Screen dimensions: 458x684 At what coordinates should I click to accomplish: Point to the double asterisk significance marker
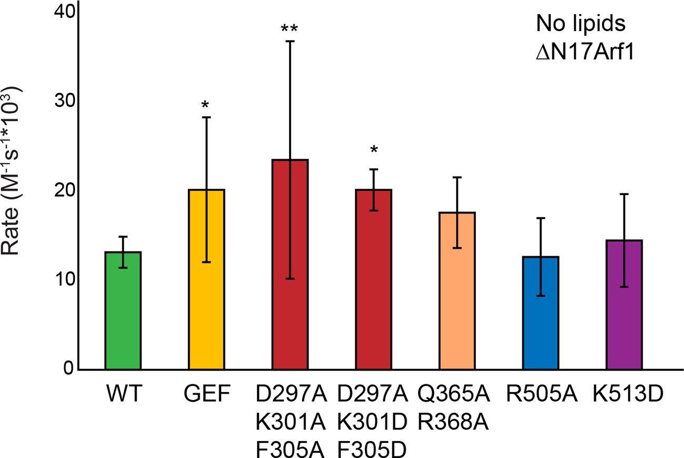pos(290,28)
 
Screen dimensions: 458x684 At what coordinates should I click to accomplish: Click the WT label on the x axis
pos(123,395)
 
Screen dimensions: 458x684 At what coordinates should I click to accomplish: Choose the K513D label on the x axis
pos(624,395)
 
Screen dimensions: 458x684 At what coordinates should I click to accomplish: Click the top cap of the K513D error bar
pos(624,194)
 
